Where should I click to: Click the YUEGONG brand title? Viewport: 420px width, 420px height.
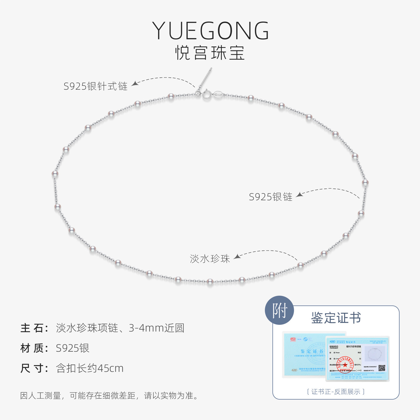click(211, 31)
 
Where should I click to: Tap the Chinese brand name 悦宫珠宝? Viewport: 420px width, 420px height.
click(210, 53)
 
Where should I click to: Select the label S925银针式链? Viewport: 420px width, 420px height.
click(95, 86)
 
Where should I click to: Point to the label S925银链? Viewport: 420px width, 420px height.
click(270, 197)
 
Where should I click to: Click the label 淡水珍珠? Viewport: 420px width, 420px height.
click(210, 259)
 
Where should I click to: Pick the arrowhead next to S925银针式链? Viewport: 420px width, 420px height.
click(135, 83)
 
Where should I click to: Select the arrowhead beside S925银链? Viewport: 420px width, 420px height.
click(300, 194)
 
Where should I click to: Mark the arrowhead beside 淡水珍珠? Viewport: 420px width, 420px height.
click(237, 256)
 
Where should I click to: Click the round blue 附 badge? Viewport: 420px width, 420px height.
click(279, 311)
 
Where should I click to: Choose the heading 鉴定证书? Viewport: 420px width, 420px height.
click(336, 318)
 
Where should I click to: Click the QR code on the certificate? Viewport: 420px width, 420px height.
click(382, 368)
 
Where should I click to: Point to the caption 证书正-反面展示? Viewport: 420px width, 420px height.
click(336, 392)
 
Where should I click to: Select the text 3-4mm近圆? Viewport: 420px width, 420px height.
click(156, 328)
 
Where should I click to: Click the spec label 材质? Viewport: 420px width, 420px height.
click(34, 348)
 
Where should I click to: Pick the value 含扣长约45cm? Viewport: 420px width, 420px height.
click(90, 368)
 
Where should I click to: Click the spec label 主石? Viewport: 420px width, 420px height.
click(34, 328)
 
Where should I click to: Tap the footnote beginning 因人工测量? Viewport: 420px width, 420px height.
click(109, 396)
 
